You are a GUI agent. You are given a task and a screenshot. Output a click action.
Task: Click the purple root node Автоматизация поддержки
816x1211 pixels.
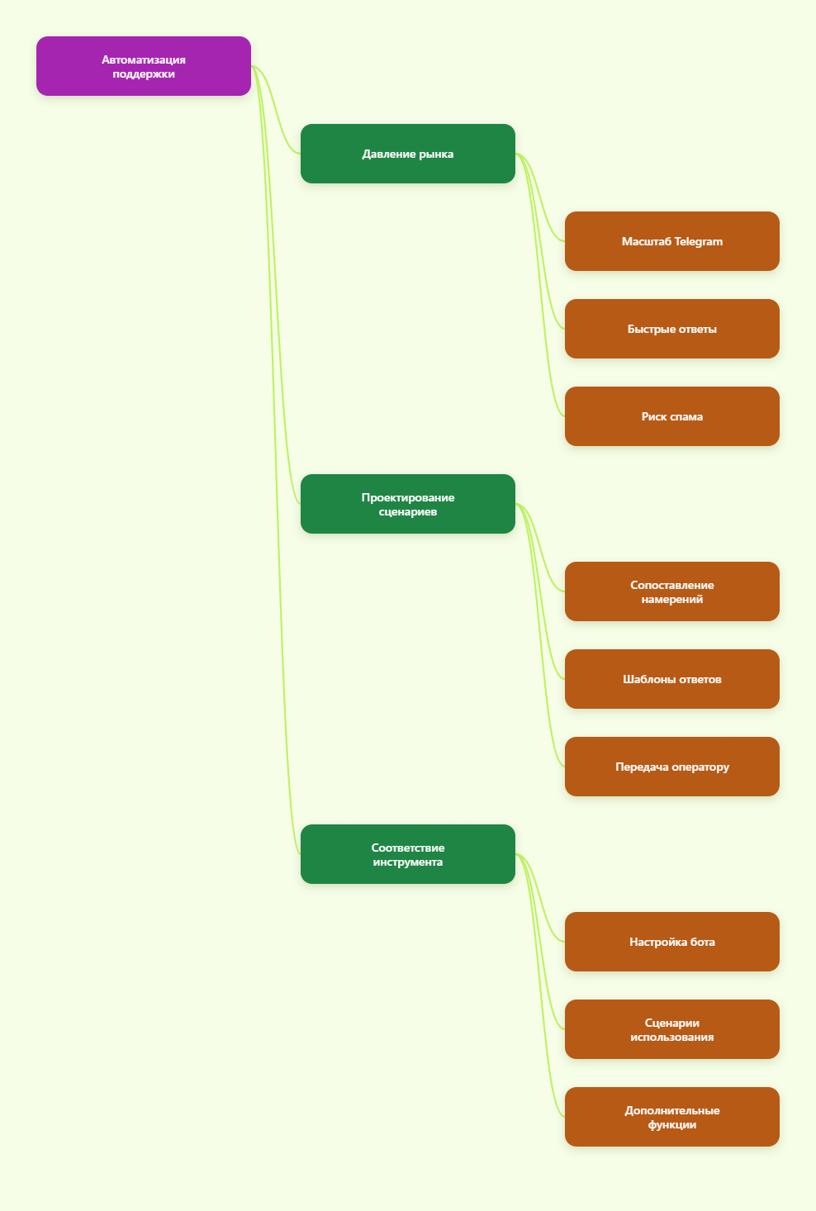point(143,66)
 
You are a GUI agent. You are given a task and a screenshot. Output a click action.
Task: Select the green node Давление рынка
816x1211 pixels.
point(407,154)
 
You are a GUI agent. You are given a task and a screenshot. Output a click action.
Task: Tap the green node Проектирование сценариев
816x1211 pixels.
point(407,504)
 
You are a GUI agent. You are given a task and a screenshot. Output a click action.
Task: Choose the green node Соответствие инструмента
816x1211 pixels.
point(407,854)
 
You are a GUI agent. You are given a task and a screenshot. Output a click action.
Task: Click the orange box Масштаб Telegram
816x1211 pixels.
point(671,241)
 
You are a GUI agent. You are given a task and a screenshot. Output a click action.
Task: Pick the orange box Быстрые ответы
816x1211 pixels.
point(671,329)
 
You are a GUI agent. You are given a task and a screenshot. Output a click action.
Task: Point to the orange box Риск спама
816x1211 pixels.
point(671,416)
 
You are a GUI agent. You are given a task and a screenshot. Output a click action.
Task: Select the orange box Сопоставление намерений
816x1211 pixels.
point(671,591)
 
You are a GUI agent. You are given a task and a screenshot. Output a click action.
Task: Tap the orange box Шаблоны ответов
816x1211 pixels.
point(671,679)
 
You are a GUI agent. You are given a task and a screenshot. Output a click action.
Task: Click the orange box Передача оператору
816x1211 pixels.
point(671,767)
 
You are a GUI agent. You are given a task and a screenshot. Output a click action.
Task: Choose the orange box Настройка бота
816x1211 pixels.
point(671,942)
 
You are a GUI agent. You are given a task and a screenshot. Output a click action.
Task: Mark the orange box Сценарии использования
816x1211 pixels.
point(671,1029)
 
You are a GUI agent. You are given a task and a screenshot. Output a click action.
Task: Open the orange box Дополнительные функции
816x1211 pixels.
point(671,1117)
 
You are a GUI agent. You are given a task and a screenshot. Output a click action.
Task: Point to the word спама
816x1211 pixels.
point(686,417)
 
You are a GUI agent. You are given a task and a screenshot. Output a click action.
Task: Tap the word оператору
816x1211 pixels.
point(700,767)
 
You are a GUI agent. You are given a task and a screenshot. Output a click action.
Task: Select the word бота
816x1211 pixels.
point(702,942)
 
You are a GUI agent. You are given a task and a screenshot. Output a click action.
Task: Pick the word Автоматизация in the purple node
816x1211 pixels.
point(143,59)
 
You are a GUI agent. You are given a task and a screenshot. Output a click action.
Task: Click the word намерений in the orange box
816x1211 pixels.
point(671,599)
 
